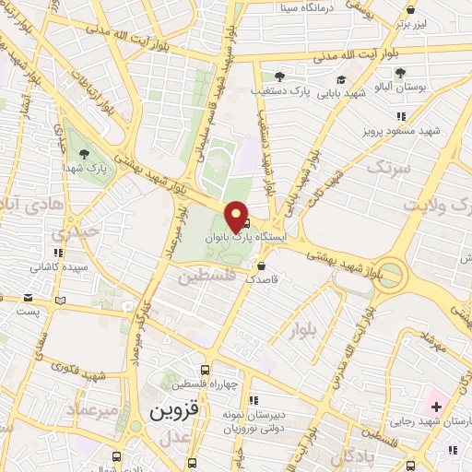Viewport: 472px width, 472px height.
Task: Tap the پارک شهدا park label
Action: pyautogui.click(x=91, y=169)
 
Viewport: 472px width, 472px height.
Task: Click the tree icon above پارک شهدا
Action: pyautogui.click(x=85, y=154)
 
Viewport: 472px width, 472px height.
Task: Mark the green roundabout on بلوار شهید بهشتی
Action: pyautogui.click(x=390, y=275)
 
